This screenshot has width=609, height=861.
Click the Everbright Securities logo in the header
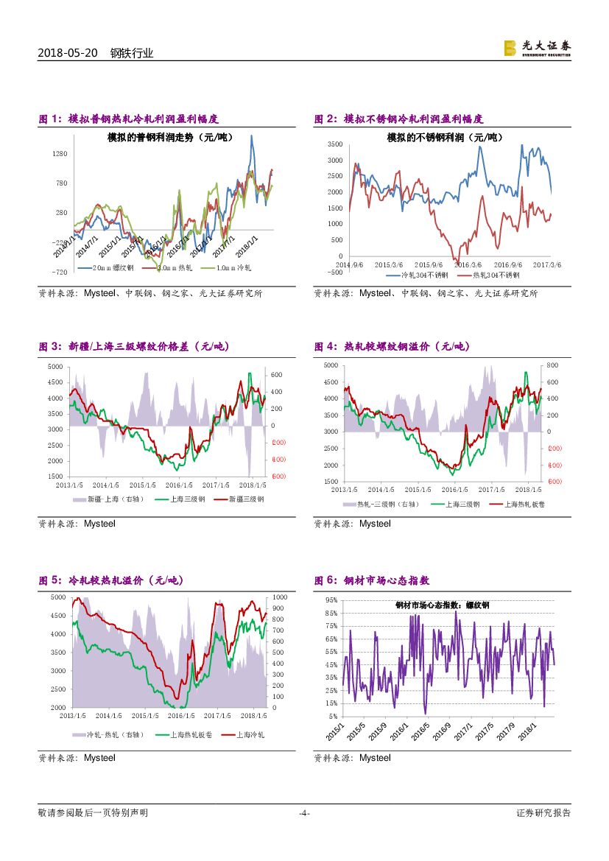coord(537,48)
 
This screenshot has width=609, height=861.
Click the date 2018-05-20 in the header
coord(67,53)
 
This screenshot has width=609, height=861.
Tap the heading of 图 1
coord(128,119)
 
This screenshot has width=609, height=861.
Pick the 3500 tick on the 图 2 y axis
coord(335,144)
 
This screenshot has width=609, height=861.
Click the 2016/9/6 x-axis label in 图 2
coord(507,264)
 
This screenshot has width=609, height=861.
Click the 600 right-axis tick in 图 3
coord(276,375)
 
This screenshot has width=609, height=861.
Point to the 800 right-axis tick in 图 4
coord(552,365)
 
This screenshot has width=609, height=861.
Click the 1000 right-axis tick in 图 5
coord(280,597)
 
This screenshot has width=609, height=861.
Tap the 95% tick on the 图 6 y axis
coord(331,600)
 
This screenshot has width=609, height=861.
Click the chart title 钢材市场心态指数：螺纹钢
coord(442,605)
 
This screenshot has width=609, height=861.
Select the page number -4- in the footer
coord(303,813)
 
